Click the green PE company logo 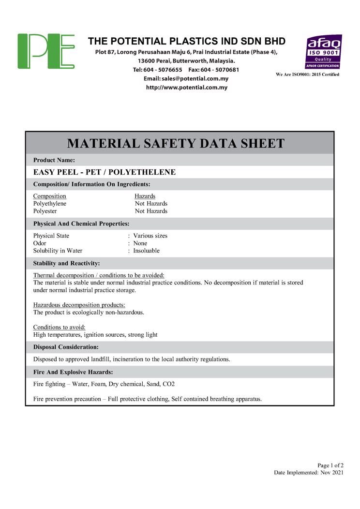coord(46,51)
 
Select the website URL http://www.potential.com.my coord(186,88)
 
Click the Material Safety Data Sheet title coord(176,143)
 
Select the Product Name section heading coord(54,160)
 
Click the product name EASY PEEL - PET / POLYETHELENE coord(104,172)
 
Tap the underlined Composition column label coord(49,196)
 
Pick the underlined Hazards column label coord(145,196)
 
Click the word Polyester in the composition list coord(45,211)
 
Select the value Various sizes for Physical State coord(150,236)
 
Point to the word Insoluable coord(146,251)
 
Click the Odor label coord(40,243)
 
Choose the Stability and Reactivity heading coord(66,263)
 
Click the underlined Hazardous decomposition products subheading coord(79,305)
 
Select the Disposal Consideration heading coord(66,347)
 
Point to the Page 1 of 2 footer coord(330,465)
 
